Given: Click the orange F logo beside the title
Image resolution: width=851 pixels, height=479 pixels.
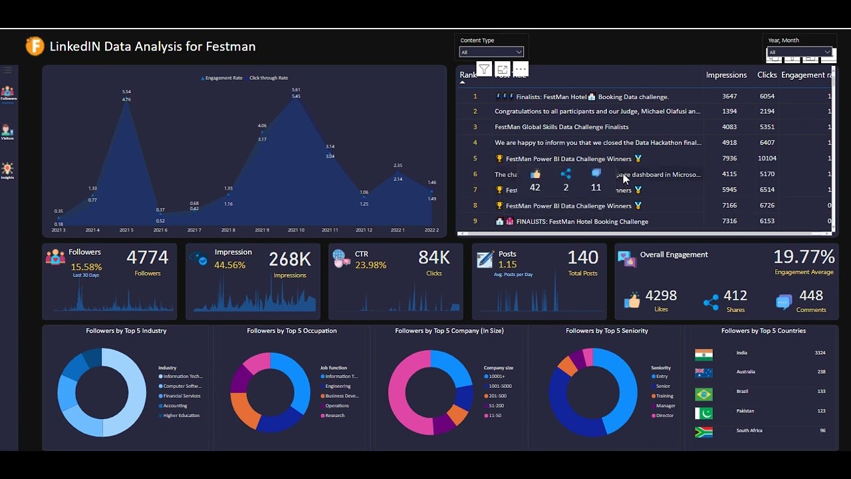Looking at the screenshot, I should click(x=35, y=46).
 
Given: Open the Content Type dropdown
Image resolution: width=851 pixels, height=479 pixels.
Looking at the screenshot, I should click(x=491, y=52).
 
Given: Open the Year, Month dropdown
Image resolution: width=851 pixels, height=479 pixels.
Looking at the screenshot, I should click(x=799, y=52).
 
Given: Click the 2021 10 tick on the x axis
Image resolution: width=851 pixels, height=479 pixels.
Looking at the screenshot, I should click(x=296, y=230).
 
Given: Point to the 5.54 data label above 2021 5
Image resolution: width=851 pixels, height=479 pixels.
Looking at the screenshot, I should click(x=126, y=92).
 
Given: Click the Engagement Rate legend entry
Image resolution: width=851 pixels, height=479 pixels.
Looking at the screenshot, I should click(x=223, y=78).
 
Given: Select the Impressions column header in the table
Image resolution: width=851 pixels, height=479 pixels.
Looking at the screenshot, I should click(x=726, y=75).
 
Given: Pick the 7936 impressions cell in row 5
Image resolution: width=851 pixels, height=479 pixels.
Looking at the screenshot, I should click(x=729, y=158).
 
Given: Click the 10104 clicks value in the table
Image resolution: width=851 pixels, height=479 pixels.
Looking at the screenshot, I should click(x=767, y=158).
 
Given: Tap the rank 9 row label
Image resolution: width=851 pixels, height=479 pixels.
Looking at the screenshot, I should click(x=475, y=221).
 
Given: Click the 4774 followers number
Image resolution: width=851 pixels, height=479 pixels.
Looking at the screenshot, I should click(x=147, y=257).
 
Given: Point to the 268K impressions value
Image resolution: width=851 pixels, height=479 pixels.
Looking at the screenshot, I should click(x=289, y=259).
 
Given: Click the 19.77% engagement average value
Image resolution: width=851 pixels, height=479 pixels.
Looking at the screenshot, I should click(x=804, y=257).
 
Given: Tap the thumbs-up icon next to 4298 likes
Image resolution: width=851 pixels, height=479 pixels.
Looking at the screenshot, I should click(x=632, y=301).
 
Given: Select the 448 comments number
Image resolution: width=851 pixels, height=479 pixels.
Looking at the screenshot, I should click(x=811, y=295).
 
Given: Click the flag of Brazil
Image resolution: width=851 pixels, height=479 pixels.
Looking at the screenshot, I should click(x=703, y=394).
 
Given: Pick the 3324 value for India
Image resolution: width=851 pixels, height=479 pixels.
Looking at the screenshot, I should click(x=820, y=353).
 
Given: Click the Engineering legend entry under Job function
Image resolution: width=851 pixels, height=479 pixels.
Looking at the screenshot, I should click(x=338, y=386).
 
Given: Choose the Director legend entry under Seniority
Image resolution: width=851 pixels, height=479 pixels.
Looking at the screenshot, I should click(x=665, y=415).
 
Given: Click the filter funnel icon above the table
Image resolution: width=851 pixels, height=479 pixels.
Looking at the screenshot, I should click(x=484, y=69).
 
